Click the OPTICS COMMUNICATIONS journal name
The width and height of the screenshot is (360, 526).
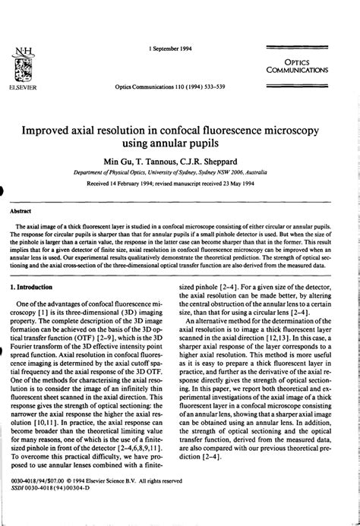pyautogui.click(x=297, y=65)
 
